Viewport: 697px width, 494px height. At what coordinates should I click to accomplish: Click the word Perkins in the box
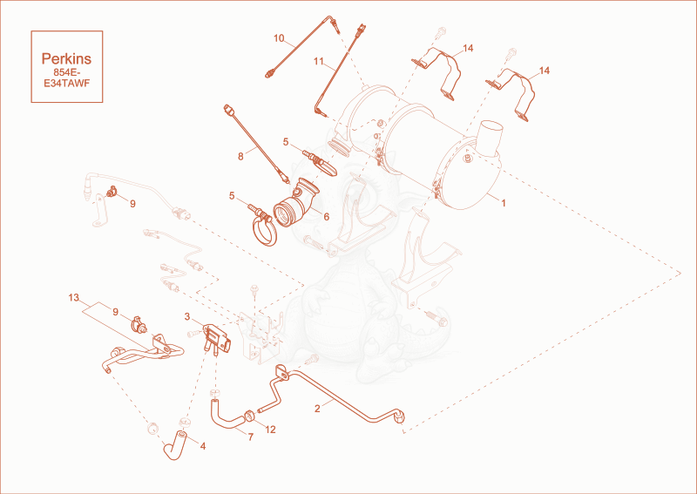click(x=66, y=58)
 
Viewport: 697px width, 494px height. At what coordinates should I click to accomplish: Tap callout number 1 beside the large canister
click(x=504, y=203)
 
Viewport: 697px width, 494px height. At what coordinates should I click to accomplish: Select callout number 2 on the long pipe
click(x=317, y=409)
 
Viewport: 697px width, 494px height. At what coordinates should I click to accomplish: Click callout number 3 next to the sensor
click(x=187, y=316)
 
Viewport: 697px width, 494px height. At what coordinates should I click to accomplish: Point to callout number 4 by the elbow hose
click(x=203, y=446)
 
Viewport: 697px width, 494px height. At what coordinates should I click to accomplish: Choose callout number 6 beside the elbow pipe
click(x=326, y=217)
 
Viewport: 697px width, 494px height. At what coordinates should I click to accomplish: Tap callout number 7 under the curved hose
click(x=251, y=437)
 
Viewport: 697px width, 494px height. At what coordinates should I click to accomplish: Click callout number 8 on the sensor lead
click(x=240, y=157)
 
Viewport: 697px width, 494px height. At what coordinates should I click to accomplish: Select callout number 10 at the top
click(x=279, y=38)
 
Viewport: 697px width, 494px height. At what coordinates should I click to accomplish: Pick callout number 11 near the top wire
click(x=319, y=61)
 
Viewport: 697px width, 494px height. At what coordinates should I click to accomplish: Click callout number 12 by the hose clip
click(x=270, y=430)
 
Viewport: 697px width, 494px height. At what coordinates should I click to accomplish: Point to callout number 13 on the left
click(x=74, y=297)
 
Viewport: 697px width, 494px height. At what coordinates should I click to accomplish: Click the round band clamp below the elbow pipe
click(x=265, y=229)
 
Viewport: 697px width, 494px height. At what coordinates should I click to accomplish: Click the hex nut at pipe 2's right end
click(x=399, y=417)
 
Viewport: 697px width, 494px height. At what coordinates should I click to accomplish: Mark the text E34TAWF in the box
click(x=67, y=83)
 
